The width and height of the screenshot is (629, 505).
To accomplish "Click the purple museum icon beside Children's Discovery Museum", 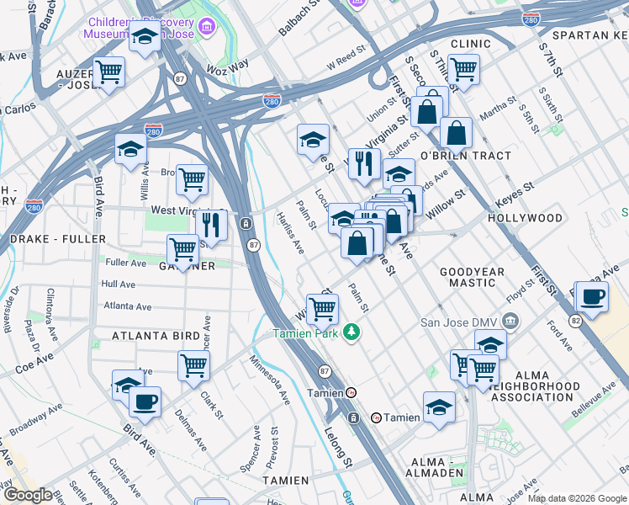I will [x=208, y=31].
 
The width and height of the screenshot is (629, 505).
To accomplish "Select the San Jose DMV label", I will [x=461, y=322].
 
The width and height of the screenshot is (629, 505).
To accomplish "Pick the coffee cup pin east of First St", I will [x=593, y=297].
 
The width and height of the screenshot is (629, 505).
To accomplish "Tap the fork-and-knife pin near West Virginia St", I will [x=211, y=225].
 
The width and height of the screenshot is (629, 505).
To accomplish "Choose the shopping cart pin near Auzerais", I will [x=108, y=72].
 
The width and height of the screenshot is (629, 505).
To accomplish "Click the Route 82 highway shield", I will [x=574, y=321].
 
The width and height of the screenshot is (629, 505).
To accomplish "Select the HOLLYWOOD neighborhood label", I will [x=525, y=218].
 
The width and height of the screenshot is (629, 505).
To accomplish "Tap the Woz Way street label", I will [x=229, y=64].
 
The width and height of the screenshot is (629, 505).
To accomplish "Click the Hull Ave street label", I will [x=118, y=284].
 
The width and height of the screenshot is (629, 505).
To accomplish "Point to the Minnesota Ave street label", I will [x=269, y=380].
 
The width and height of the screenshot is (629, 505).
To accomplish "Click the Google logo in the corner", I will [x=27, y=494].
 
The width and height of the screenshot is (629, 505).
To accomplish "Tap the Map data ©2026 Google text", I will [x=577, y=498].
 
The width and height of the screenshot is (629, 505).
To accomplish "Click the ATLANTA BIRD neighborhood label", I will [x=156, y=336].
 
